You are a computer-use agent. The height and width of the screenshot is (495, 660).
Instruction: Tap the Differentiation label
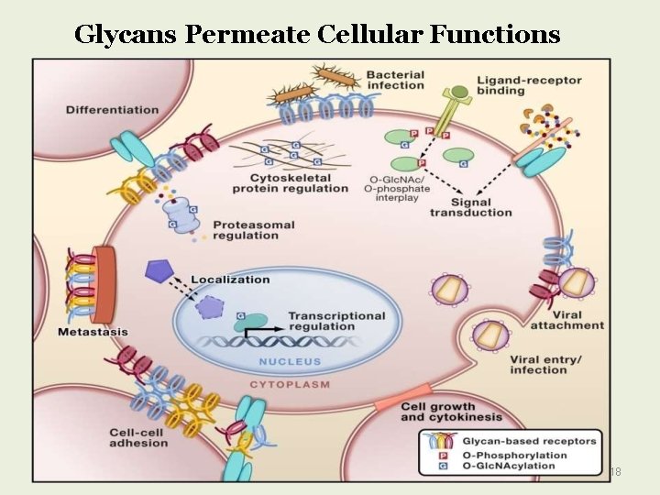[x=112, y=110]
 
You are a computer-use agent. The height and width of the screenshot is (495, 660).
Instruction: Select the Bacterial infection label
[x=395, y=80]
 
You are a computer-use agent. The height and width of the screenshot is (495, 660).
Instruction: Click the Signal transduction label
[x=471, y=207]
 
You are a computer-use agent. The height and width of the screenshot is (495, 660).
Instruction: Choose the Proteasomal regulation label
[x=246, y=229]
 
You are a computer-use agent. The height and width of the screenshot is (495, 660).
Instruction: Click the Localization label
[x=231, y=279]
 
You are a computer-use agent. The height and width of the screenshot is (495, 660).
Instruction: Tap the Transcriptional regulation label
[x=336, y=320]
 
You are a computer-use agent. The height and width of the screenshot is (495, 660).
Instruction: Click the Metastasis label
[x=92, y=331]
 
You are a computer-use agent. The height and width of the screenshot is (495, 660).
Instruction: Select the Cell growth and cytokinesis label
[x=438, y=412]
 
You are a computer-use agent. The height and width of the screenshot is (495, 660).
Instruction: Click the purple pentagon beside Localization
[x=159, y=270]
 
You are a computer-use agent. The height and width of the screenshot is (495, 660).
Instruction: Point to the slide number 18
[x=615, y=471]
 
